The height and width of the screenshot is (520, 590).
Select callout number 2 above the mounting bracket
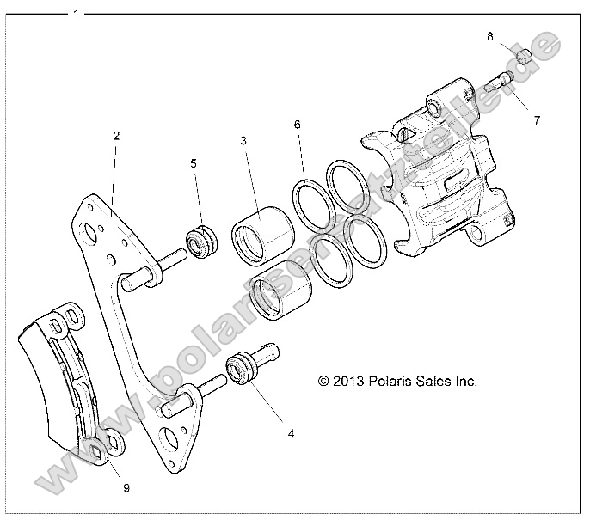116,135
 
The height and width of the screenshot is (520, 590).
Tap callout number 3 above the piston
243,139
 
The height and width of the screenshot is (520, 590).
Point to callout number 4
291,434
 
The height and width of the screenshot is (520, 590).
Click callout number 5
194,162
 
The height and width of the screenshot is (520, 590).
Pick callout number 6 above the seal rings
297,125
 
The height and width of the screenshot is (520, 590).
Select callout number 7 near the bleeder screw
537,120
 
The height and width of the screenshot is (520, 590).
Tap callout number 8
489,37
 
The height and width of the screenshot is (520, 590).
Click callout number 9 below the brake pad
126,487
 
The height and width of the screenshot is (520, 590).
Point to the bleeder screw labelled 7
499,84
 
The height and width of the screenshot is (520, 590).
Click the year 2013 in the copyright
353,381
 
